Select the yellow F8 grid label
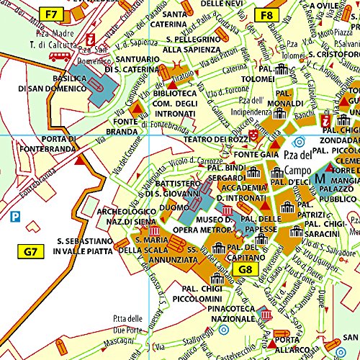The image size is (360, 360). coord(266,14)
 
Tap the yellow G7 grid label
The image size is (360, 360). coord(30,251)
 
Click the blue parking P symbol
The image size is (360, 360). coord(14,215)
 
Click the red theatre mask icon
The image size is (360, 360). coord(253,135)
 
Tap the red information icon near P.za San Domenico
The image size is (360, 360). coord(90,40)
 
